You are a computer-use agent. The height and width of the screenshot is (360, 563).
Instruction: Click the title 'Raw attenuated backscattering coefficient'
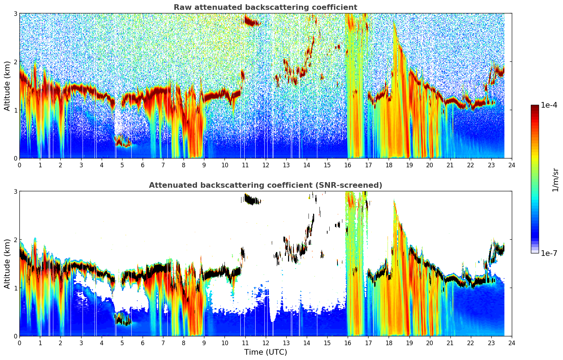tap(265, 7)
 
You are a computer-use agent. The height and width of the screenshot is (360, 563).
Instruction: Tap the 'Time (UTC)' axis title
tap(265, 352)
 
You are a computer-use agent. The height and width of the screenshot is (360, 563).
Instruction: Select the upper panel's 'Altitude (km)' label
tap(7, 86)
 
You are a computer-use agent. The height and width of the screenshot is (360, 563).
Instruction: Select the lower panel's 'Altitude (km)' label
tap(7, 264)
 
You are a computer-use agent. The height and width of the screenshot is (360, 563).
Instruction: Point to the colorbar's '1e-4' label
tap(549, 105)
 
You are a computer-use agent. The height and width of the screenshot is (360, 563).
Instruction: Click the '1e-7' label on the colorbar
tap(549, 253)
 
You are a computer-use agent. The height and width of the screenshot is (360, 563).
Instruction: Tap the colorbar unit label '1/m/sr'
tap(556, 180)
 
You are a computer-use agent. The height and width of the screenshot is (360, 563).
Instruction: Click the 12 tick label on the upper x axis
tap(266, 165)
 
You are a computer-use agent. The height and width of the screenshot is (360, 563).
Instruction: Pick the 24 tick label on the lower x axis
tap(512, 343)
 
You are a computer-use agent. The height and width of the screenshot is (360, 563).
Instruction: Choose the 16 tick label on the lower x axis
tap(348, 343)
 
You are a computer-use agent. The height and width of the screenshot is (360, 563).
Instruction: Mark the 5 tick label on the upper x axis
tap(122, 165)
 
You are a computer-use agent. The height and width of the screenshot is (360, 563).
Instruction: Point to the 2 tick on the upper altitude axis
tap(15, 62)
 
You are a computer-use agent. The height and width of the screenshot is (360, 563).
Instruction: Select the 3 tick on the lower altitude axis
tap(15, 191)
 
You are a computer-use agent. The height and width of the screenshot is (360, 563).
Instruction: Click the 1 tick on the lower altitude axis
tap(15, 288)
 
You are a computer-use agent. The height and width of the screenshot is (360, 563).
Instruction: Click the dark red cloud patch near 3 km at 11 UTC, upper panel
tap(252, 22)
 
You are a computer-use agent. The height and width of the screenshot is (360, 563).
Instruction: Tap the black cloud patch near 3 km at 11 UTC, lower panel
tap(252, 200)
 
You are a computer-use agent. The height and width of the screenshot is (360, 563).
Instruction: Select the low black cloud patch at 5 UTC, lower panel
tap(123, 319)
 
